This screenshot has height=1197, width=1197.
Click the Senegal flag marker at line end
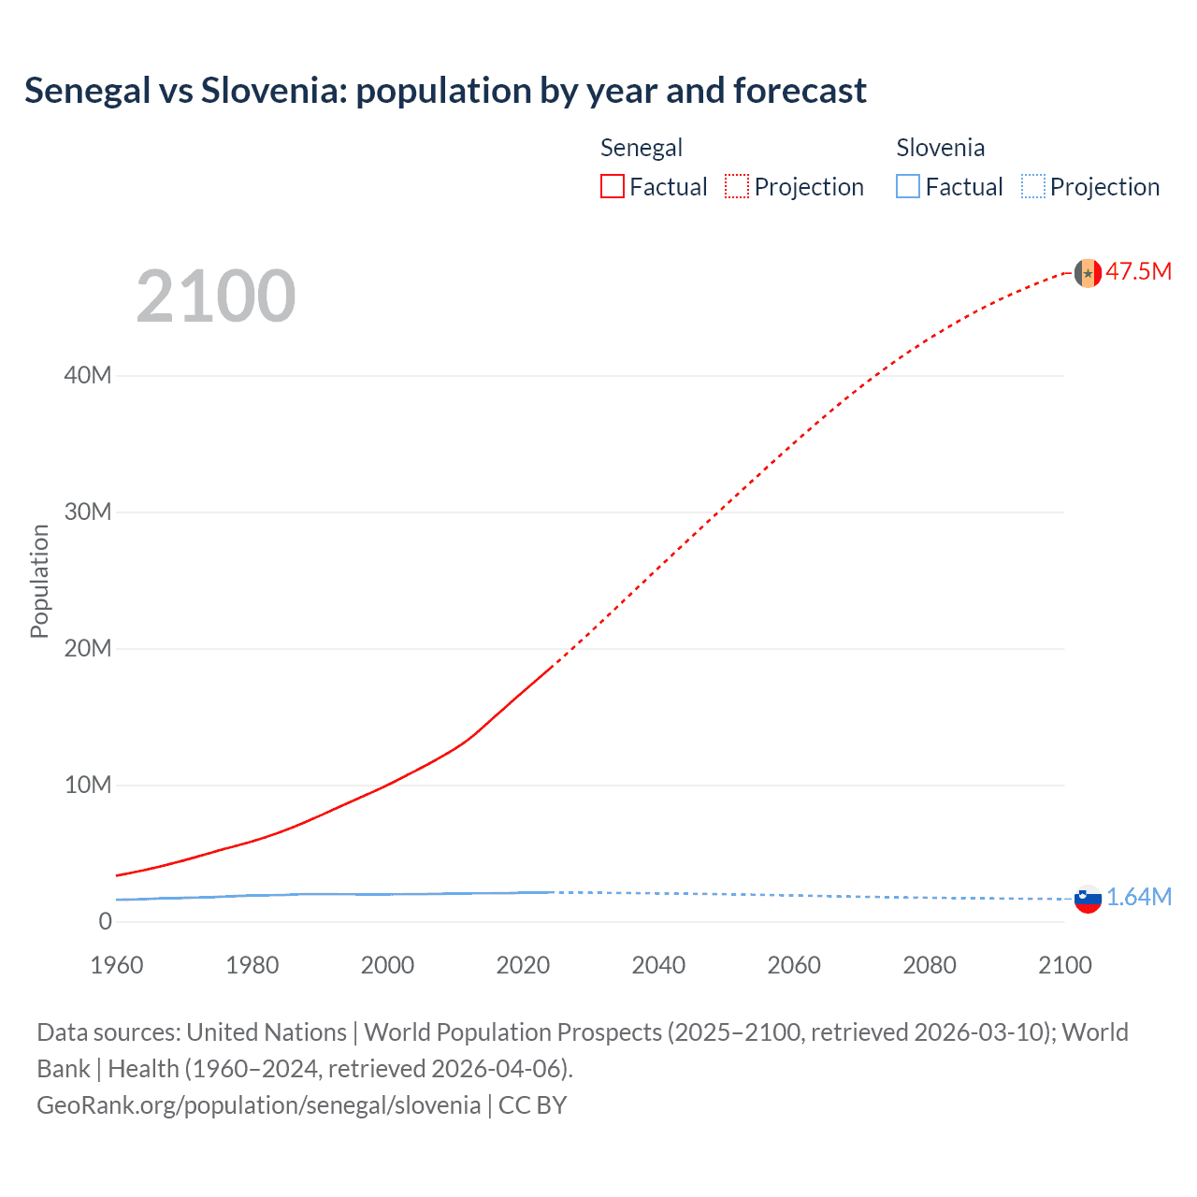click(1088, 273)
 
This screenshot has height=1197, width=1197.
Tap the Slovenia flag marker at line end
click(1088, 899)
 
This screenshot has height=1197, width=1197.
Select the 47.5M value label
click(1139, 272)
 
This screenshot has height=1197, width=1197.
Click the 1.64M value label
click(1139, 898)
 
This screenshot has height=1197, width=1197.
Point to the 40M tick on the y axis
click(88, 376)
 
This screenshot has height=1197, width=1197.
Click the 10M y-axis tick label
click(88, 786)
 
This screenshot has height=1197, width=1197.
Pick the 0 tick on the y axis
click(105, 922)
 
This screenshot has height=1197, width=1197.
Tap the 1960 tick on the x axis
click(117, 965)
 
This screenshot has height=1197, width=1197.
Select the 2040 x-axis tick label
click(658, 965)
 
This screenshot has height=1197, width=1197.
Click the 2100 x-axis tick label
click(1064, 965)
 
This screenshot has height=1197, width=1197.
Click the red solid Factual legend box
click(613, 187)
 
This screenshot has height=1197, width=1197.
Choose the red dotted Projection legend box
click(737, 187)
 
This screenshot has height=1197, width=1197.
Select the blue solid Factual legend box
click(908, 187)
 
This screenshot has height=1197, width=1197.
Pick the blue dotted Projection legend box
click(1032, 187)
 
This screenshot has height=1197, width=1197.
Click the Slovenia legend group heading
click(940, 148)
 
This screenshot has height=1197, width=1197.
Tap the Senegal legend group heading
click(642, 148)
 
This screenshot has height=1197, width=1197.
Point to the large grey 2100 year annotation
click(216, 296)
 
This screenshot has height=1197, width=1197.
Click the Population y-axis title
click(39, 581)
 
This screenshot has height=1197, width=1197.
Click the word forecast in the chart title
click(800, 91)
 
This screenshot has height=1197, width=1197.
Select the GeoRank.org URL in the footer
click(258, 1105)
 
